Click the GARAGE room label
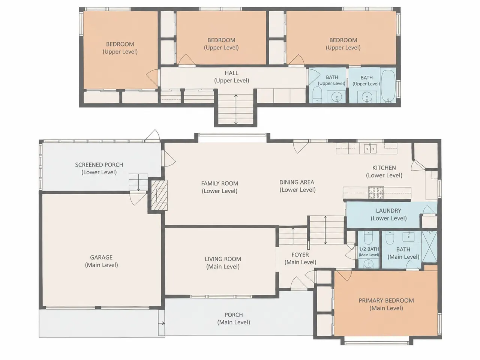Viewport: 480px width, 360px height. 101,261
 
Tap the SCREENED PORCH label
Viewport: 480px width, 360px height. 99,168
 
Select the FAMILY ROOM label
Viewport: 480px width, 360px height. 219,187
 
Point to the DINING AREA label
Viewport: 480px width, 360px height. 297,186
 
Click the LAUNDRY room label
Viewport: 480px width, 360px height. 388,214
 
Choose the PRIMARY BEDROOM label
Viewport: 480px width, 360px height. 386,304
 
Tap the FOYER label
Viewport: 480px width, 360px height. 300,258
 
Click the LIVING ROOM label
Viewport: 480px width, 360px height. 223,263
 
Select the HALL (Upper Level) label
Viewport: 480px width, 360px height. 232,77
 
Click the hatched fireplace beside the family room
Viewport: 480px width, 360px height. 159,195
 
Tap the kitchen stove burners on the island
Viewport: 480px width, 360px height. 376,193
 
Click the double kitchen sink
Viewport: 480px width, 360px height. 370,148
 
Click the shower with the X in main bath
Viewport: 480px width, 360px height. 429,246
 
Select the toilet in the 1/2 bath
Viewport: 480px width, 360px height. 368,238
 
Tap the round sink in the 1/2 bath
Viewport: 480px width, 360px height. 369,264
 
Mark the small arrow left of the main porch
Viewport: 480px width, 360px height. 162,323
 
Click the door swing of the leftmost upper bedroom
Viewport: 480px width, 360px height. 152,78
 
